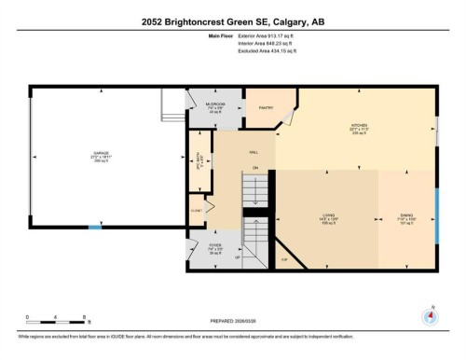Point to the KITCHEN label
[x=359, y=124]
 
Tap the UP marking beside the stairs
[x=237, y=256]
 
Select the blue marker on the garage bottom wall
[x=94, y=228]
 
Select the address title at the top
[x=233, y=21]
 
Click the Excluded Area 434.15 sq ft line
[x=232, y=54]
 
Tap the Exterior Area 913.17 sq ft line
[x=232, y=38]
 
